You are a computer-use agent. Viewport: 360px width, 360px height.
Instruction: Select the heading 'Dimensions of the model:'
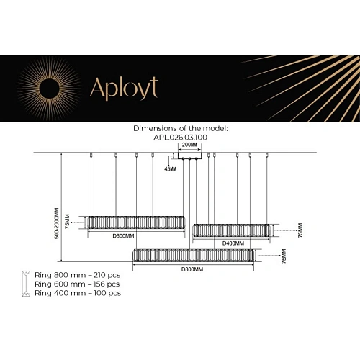[180, 127]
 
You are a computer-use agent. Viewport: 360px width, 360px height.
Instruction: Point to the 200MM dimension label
[189, 145]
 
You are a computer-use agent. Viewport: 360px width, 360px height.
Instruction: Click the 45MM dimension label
[170, 168]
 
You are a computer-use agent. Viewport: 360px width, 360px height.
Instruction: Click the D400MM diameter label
[233, 243]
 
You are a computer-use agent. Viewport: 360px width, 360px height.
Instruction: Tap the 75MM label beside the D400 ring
[300, 230]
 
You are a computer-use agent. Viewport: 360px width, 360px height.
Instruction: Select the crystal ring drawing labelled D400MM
[233, 231]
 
